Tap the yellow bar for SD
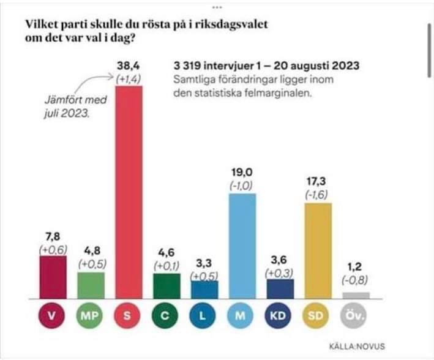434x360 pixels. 318,250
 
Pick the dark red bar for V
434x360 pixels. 53,276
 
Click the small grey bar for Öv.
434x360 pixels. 356,294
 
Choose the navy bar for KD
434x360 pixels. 280,288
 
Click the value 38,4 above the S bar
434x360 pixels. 129,65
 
